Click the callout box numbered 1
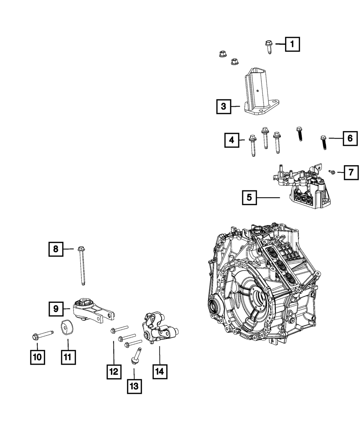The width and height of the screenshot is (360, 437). click(x=292, y=44)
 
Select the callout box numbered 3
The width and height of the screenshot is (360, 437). click(x=224, y=107)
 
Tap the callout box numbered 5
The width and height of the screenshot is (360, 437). click(x=249, y=197)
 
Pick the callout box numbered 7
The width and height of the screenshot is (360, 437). click(x=351, y=172)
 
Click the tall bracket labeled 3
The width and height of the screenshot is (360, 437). click(x=262, y=91)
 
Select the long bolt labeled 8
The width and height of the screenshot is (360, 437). click(x=82, y=266)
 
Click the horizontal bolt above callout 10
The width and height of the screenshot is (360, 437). click(x=43, y=335)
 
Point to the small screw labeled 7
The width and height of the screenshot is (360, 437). click(x=332, y=172)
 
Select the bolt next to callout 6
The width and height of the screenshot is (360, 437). click(x=323, y=143)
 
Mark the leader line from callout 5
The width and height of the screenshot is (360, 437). click(x=268, y=197)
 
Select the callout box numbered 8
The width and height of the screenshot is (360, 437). click(x=56, y=249)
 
